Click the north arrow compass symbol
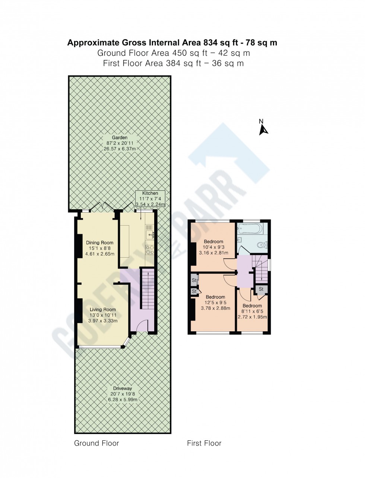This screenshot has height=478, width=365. coord(264,129)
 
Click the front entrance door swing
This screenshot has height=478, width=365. coord(139,328)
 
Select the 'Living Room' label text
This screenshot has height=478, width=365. coord(103,309)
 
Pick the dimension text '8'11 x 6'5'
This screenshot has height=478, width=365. coord(252,312)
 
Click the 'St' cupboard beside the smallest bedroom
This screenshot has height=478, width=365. coord(261,289)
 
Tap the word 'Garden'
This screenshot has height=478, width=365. coord(120,137)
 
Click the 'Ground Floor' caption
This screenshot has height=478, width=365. coord(96,443)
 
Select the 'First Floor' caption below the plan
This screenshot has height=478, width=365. coord(204,443)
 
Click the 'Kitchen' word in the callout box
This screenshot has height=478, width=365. coord(150,193)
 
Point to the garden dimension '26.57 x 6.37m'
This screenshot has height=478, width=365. coord(120,149)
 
